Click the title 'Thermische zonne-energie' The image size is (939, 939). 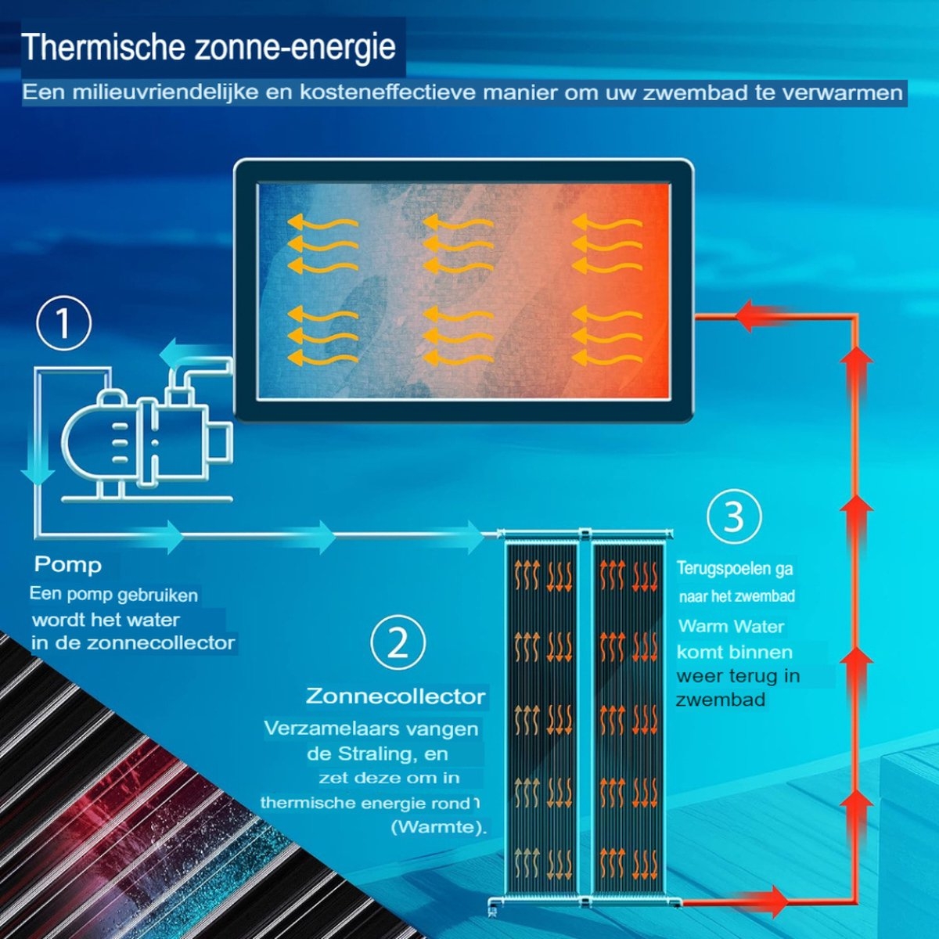coord(209,48)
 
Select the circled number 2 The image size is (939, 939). coord(398,643)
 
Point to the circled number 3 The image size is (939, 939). coord(734,517)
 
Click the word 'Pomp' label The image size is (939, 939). coord(68,565)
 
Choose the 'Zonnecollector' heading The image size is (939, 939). coord(396,696)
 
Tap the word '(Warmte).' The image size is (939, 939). coord(439,828)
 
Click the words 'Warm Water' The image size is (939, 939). coord(731,626)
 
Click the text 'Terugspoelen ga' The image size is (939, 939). coord(735,569)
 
